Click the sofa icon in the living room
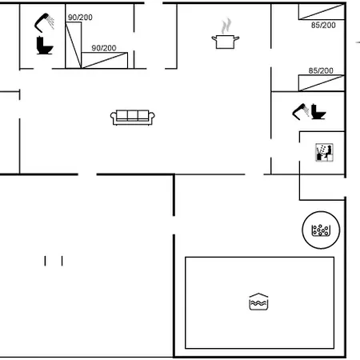(133, 118)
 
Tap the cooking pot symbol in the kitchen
(226, 42)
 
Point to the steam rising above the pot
(226, 26)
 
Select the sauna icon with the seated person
(324, 153)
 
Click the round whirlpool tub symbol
(321, 230)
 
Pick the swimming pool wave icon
(258, 302)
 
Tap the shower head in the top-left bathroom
(44, 22)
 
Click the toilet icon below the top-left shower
(45, 46)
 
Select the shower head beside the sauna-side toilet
(301, 111)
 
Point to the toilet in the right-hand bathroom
(318, 111)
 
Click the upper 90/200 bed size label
(80, 18)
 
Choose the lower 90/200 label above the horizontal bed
(104, 48)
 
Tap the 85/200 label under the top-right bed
(323, 25)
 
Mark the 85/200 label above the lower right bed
(321, 70)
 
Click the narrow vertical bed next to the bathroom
(74, 45)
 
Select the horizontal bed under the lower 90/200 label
(104, 60)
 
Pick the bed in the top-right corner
(322, 12)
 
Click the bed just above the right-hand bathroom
(322, 83)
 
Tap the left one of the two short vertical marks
(45, 261)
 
